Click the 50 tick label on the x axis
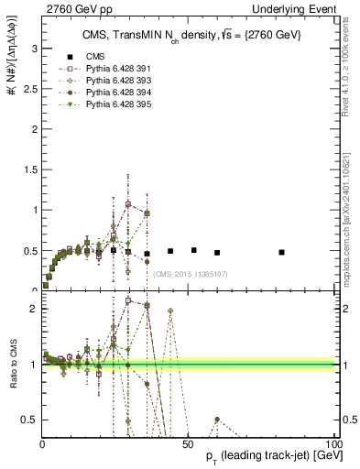click(188, 443)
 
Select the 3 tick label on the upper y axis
click(34, 48)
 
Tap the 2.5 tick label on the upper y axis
click(30, 88)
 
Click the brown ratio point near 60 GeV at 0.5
click(216, 420)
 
